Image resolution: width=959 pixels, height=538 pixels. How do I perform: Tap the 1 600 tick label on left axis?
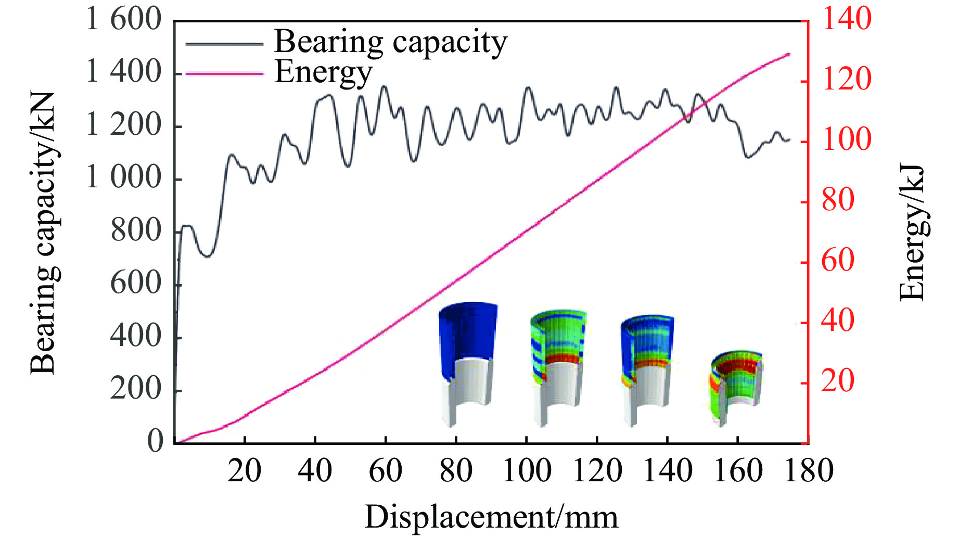(x=124, y=19)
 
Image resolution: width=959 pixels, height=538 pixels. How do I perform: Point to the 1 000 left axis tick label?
(x=124, y=178)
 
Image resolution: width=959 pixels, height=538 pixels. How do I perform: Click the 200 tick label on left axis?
(x=136, y=389)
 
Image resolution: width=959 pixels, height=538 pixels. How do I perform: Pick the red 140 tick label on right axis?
(x=846, y=19)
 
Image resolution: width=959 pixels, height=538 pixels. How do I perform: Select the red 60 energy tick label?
(x=838, y=260)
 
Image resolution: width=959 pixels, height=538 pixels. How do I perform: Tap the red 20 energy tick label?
(x=838, y=381)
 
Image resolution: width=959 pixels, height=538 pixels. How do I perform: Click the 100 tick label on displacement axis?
(x=527, y=471)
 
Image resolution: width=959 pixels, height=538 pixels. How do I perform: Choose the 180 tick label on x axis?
(x=809, y=471)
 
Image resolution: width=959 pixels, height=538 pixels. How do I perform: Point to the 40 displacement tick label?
(x=315, y=471)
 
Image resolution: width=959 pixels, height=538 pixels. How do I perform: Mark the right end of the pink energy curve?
(x=789, y=54)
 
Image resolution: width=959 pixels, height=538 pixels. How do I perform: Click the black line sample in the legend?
(x=224, y=44)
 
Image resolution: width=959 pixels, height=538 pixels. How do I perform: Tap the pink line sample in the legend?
(x=224, y=74)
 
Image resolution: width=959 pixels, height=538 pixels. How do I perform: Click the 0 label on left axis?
(x=155, y=441)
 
